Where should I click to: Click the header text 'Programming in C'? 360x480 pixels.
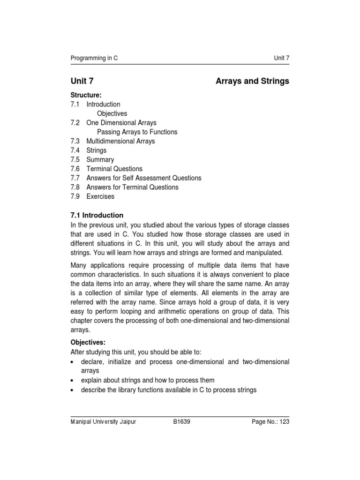point(94,58)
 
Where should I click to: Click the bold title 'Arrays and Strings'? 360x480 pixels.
point(252,81)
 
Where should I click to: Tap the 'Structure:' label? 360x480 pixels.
point(86,95)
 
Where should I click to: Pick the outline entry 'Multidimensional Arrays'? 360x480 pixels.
point(120,141)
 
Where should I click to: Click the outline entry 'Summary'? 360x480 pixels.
point(100,159)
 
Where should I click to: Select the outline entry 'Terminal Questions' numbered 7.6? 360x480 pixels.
point(114,169)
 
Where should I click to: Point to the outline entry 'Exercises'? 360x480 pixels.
point(100,196)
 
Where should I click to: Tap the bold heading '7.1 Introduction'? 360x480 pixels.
point(97,215)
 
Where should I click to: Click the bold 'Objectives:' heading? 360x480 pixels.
point(88,343)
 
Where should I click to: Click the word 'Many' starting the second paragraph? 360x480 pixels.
point(79,252)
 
